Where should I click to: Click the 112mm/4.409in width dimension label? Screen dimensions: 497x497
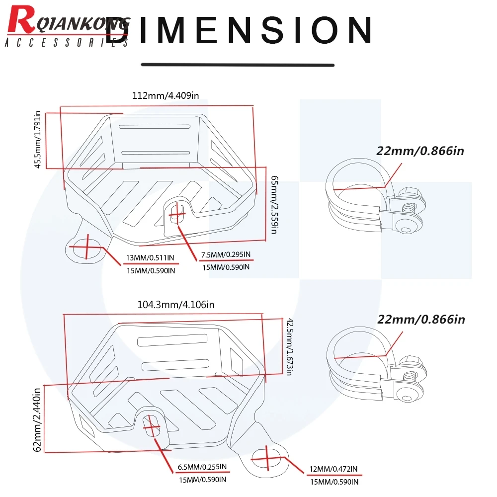(166, 95)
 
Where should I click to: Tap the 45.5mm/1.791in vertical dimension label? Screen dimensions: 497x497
(37, 140)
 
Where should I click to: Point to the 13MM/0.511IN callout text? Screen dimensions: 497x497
(150, 257)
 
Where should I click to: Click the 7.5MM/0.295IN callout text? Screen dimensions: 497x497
(226, 254)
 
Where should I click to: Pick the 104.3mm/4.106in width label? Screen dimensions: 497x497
(176, 305)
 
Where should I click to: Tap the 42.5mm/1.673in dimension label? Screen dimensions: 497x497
(290, 347)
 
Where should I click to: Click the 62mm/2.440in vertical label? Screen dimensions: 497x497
(37, 419)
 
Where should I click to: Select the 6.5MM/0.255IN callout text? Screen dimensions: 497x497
(202, 467)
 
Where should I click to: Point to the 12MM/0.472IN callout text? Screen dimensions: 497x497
(333, 469)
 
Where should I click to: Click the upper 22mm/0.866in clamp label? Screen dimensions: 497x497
(420, 151)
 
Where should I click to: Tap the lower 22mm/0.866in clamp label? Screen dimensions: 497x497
(421, 320)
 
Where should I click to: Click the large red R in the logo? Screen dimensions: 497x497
(21, 20)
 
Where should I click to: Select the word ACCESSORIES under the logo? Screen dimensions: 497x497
(67, 42)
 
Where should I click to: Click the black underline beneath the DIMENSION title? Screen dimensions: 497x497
(238, 65)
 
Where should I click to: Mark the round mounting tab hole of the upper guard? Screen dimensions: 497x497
(86, 248)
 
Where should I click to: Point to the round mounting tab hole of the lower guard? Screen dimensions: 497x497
(266, 459)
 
